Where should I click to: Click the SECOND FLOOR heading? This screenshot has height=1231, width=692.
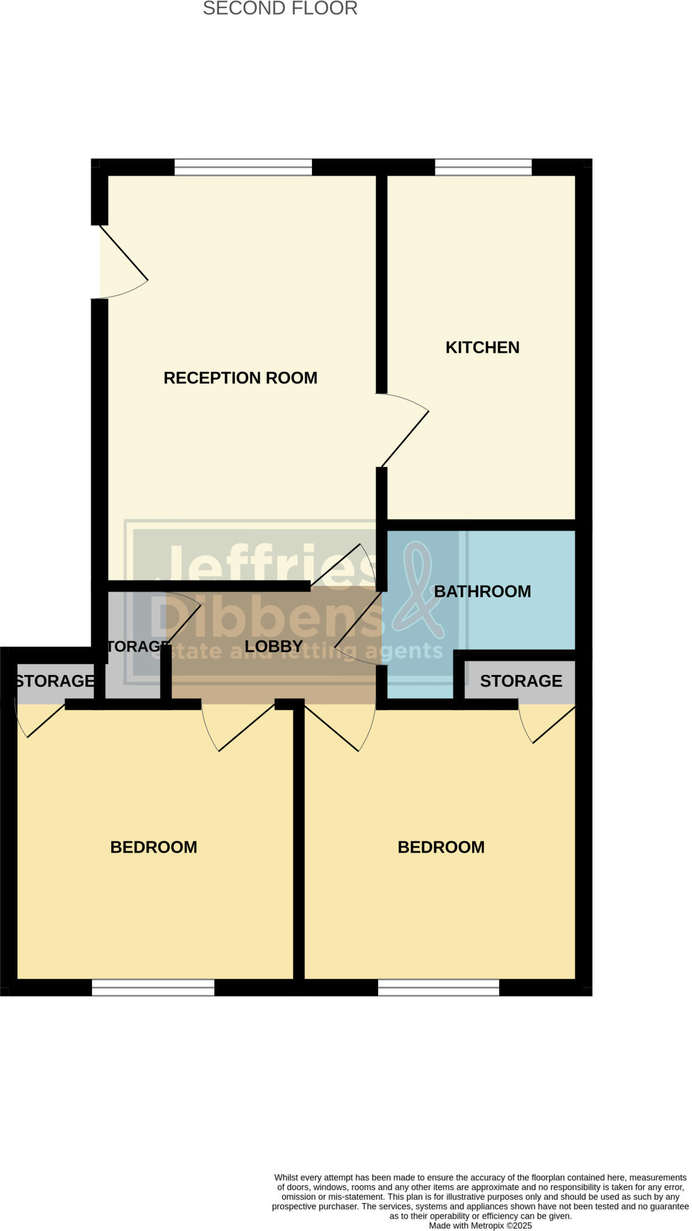coord(280,9)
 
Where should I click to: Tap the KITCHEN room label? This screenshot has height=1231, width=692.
coord(482,347)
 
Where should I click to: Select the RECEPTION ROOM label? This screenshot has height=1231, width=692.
coord(240,378)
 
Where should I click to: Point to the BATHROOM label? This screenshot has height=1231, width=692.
coord(482,591)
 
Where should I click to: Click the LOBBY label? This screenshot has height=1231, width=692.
coord(274,647)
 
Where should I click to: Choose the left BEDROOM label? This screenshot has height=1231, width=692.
coord(154,848)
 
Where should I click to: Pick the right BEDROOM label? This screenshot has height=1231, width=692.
coord(441,848)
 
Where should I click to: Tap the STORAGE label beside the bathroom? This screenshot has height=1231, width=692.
coord(521,681)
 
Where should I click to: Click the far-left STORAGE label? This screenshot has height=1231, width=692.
coord(54,681)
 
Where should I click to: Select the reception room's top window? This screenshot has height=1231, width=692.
coord(243,167)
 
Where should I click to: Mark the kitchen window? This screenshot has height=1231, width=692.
coord(483,167)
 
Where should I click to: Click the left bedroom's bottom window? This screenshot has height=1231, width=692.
coord(153,988)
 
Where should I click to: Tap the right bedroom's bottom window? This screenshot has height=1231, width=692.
coord(438,988)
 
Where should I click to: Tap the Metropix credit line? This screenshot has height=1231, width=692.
coord(480,1226)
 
